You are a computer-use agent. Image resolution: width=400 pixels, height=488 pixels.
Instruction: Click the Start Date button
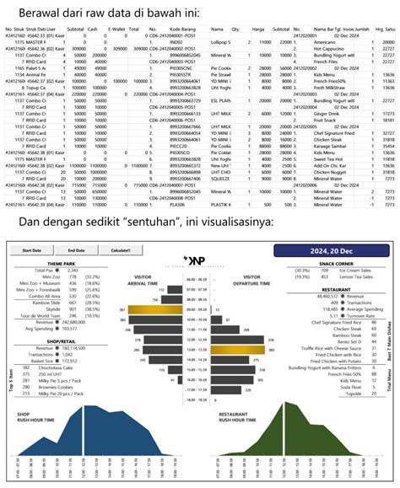click(32, 251)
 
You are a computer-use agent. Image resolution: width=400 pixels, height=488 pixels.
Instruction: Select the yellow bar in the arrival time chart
click(149, 310)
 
